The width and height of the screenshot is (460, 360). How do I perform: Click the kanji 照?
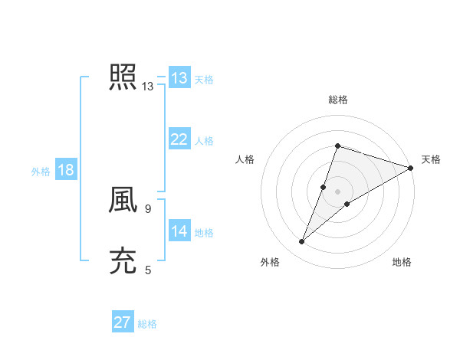(x=123, y=78)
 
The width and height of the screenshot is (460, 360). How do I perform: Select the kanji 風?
(x=123, y=201)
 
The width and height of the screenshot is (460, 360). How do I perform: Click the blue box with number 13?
(x=179, y=78)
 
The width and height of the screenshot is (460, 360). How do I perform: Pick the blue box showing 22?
(x=179, y=139)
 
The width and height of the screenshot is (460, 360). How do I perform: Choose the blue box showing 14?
(x=179, y=231)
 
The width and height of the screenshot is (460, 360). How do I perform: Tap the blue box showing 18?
(x=66, y=170)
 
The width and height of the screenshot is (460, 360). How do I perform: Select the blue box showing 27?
(x=123, y=322)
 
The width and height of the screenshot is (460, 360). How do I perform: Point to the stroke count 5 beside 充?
(x=148, y=270)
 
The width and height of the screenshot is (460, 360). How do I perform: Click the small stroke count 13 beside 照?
(x=148, y=87)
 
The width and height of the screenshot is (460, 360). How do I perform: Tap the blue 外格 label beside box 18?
(x=41, y=172)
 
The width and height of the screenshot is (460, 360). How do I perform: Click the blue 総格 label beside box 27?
(x=147, y=324)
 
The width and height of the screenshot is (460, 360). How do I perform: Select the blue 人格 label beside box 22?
(x=204, y=141)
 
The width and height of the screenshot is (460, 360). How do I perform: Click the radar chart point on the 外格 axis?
(x=302, y=242)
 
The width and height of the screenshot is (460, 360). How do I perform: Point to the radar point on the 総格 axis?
(x=337, y=146)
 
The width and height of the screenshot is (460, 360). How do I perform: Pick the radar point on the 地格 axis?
(x=347, y=204)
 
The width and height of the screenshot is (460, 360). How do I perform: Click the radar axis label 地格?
(x=402, y=263)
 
